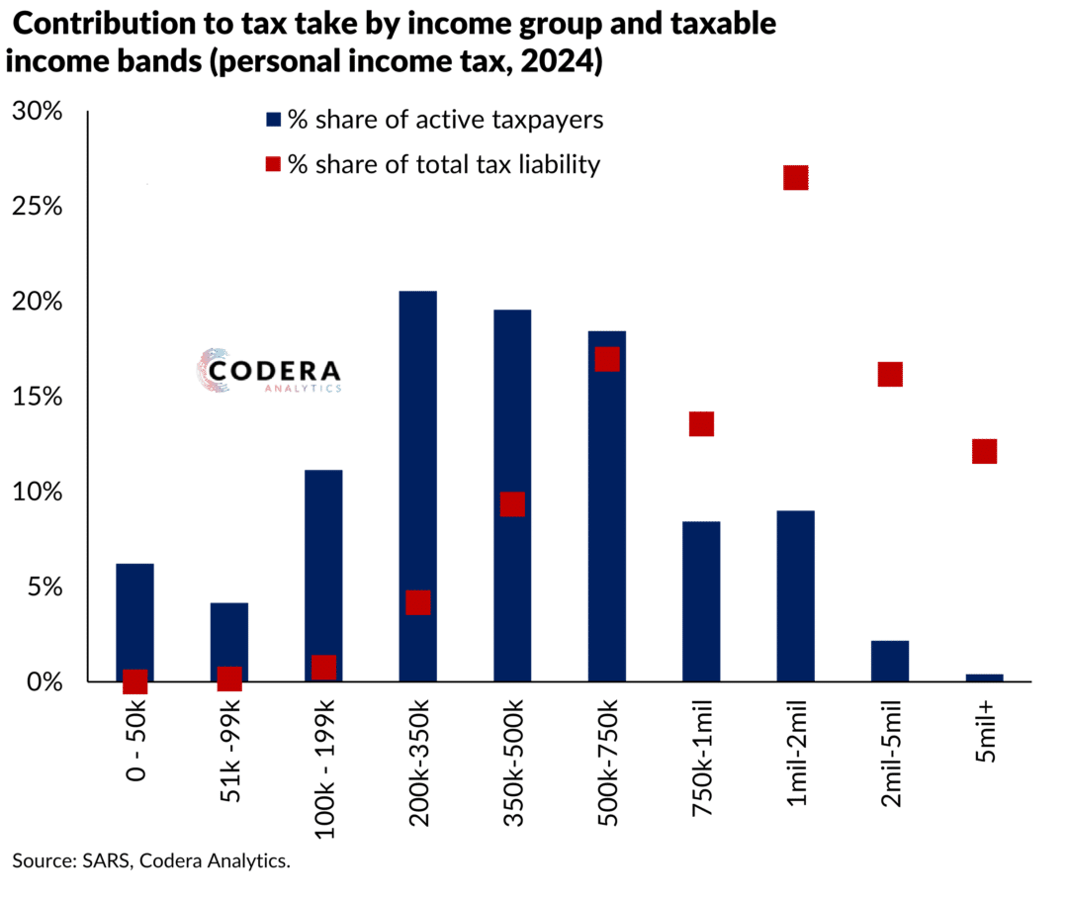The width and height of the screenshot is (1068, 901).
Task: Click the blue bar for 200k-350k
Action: [x=417, y=485]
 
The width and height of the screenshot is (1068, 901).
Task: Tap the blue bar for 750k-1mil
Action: [x=701, y=600]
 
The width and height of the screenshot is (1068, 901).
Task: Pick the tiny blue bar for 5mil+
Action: [x=984, y=677]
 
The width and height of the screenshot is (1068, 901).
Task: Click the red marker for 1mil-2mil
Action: [x=796, y=178]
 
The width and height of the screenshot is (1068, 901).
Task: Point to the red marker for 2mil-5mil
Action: [x=890, y=374]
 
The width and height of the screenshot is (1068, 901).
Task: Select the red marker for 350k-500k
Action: [x=512, y=504]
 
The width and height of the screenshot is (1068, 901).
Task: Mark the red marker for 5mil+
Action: [x=984, y=451]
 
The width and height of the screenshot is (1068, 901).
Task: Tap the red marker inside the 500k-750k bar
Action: [x=607, y=359]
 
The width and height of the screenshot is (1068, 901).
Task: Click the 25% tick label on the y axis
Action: [x=37, y=207]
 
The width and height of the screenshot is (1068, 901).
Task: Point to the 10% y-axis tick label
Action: [x=37, y=492]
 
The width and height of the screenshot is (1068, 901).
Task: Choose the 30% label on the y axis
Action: [x=37, y=112]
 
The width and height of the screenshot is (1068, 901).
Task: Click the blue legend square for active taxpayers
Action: [x=274, y=121]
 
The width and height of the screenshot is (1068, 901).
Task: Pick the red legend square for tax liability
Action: [x=274, y=164]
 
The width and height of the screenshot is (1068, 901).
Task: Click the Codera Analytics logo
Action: [x=269, y=372]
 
